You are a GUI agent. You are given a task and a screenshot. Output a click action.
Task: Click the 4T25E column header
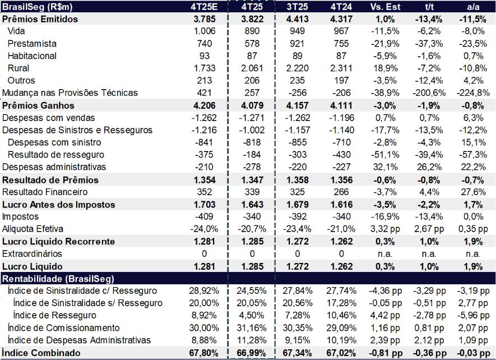[x=204, y=7]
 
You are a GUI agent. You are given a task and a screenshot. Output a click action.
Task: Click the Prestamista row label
[x=32, y=44]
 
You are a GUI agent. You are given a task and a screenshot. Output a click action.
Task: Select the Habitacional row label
[x=33, y=56]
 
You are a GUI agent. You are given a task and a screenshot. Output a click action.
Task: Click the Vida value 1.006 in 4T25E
[x=204, y=31]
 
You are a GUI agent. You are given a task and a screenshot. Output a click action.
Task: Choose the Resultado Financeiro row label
[x=43, y=192]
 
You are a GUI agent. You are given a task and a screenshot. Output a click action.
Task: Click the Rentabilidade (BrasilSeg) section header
[x=59, y=279]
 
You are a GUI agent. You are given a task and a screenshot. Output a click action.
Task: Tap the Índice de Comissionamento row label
[x=63, y=327]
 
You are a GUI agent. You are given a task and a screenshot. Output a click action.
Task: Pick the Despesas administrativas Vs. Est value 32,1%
[x=385, y=167]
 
